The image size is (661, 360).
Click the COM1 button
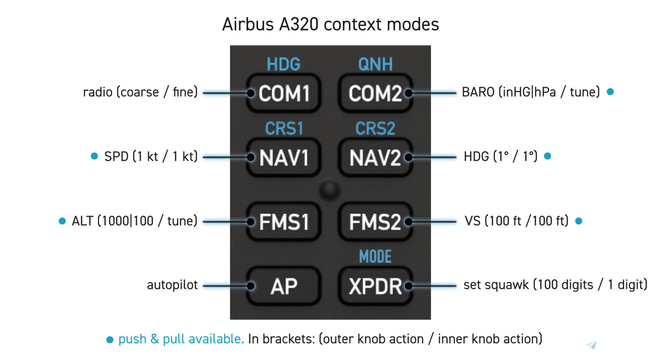pyautogui.click(x=284, y=93)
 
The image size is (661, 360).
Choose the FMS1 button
pyautogui.click(x=284, y=222)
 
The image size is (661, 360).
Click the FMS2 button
pyautogui.click(x=375, y=222)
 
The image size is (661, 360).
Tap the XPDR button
pyautogui.click(x=375, y=286)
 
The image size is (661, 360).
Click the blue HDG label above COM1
pyautogui.click(x=284, y=64)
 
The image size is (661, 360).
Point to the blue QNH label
pyautogui.click(x=375, y=64)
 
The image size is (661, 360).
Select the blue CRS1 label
pyautogui.click(x=284, y=128)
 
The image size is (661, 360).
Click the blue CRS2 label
pyautogui.click(x=375, y=128)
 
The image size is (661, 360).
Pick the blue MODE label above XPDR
pyautogui.click(x=375, y=257)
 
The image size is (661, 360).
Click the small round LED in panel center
pyautogui.click(x=329, y=190)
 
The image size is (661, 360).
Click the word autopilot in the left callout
pyautogui.click(x=172, y=285)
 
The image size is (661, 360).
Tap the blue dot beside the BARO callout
pyautogui.click(x=610, y=92)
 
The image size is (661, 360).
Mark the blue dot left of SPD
pyautogui.click(x=94, y=156)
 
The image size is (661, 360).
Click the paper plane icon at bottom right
pyautogui.click(x=592, y=345)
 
